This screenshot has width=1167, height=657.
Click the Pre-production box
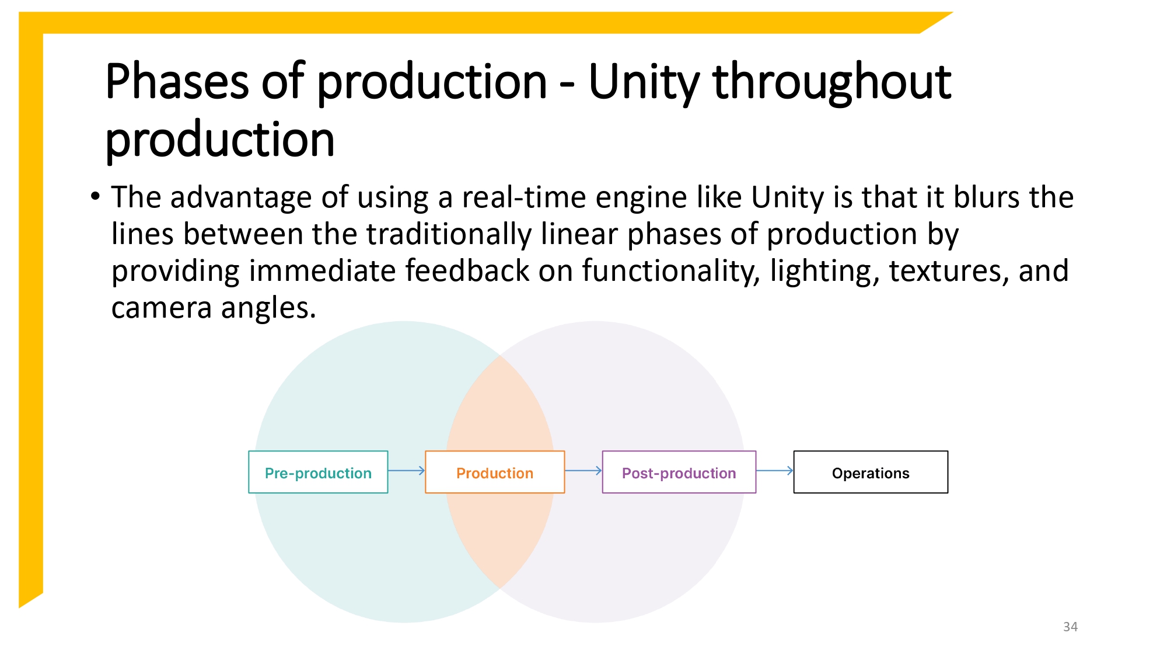coord(318,472)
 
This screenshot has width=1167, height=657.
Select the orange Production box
coord(494,472)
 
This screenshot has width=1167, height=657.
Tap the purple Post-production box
coord(679,472)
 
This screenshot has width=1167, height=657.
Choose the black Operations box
coord(870,472)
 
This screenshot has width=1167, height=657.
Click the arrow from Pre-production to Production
coord(406,470)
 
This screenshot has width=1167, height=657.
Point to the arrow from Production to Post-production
coord(583,470)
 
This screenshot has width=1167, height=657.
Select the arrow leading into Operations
coord(774,470)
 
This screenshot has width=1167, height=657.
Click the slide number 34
coord(1070,627)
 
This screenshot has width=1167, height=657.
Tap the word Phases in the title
coord(177,82)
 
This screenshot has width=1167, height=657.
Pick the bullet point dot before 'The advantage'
coord(95,196)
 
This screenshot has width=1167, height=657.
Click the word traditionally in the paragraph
coord(449,235)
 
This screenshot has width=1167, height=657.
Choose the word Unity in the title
coord(644,82)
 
